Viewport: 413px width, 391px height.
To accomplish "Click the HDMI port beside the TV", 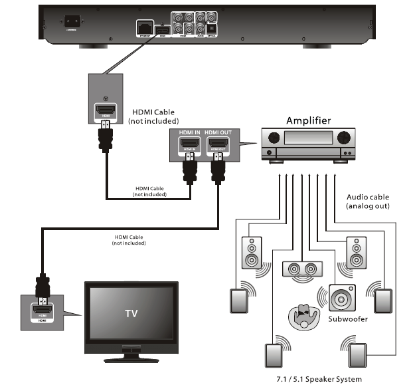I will (x=42, y=309).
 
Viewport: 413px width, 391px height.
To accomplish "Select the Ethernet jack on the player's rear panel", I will (x=143, y=26).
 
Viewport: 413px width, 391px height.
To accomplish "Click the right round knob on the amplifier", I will (x=343, y=138).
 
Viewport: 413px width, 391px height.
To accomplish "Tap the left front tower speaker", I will (x=252, y=253).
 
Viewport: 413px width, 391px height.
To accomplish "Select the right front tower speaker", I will (x=355, y=253).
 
